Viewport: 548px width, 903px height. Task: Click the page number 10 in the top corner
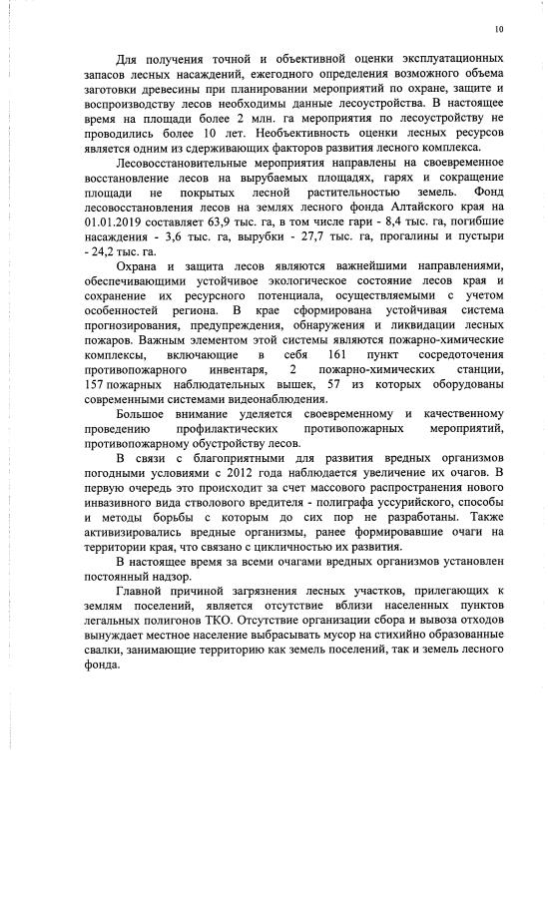499,29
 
